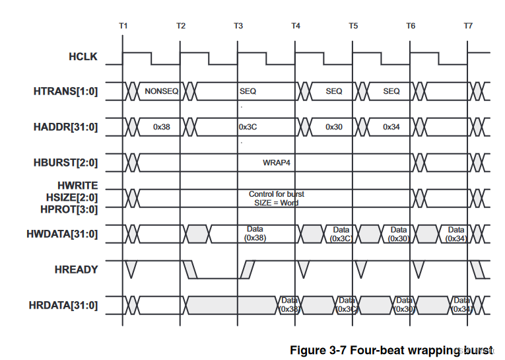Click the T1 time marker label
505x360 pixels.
click(x=123, y=26)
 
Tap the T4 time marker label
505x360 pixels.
click(x=296, y=26)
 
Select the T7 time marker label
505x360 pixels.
click(x=468, y=26)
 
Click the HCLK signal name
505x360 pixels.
click(x=83, y=57)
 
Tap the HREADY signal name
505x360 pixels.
click(x=77, y=269)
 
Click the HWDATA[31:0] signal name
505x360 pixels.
click(x=63, y=233)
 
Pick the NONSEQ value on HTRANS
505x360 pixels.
click(x=162, y=91)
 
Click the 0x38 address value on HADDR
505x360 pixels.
click(x=162, y=126)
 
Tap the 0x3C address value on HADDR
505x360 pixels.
click(x=248, y=126)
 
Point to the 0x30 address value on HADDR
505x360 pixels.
click(x=334, y=126)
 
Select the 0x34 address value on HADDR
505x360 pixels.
click(x=391, y=126)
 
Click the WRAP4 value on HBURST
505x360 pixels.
click(x=276, y=161)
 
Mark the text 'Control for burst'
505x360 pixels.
click(x=276, y=194)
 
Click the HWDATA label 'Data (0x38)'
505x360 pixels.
click(x=255, y=233)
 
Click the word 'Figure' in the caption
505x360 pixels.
click(x=308, y=348)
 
